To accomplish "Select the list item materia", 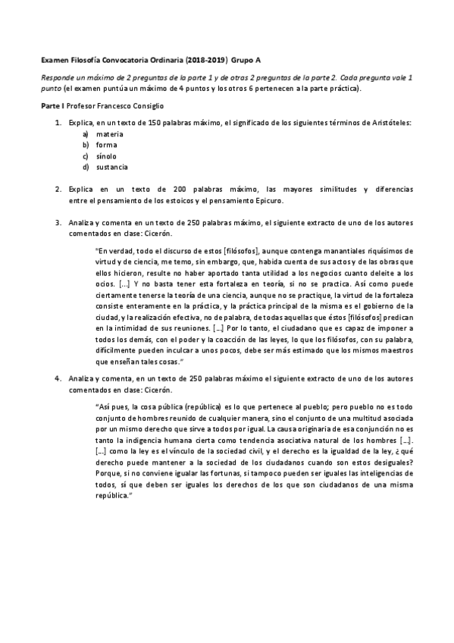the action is (x=109, y=133).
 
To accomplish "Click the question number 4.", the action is (x=58, y=378).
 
